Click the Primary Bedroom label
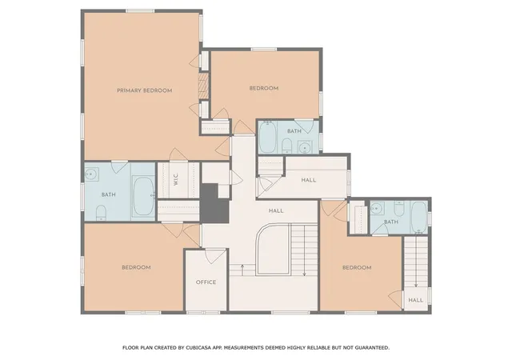[144, 90]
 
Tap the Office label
[206, 282]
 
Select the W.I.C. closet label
[176, 180]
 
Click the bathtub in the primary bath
[143, 196]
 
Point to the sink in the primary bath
[92, 174]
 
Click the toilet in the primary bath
[101, 212]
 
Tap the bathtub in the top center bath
[268, 137]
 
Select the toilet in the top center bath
[286, 146]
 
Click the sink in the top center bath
[305, 147]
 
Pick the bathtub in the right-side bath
[419, 218]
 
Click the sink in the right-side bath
[378, 208]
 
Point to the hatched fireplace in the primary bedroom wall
[204, 86]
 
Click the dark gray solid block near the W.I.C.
[214, 204]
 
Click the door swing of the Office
[215, 256]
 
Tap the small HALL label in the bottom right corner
[416, 300]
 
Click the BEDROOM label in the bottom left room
[136, 267]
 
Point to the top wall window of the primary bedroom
[140, 11]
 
